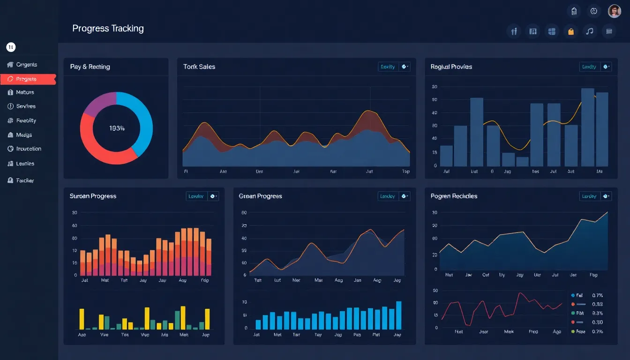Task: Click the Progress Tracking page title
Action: (108, 29)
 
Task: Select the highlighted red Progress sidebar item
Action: (27, 79)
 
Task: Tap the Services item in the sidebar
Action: (26, 106)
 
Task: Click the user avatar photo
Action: (614, 11)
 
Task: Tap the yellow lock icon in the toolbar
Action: (570, 31)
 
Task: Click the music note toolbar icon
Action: (590, 31)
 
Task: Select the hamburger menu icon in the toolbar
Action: (609, 31)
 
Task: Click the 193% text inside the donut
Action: (117, 128)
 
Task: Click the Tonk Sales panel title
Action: (199, 67)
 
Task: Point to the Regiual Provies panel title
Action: (451, 67)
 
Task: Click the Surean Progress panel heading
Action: (93, 196)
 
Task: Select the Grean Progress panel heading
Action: (260, 196)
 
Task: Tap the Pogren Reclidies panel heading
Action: (454, 196)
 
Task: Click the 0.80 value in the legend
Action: (597, 322)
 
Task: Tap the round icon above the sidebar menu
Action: (11, 47)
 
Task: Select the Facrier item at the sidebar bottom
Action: (25, 180)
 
